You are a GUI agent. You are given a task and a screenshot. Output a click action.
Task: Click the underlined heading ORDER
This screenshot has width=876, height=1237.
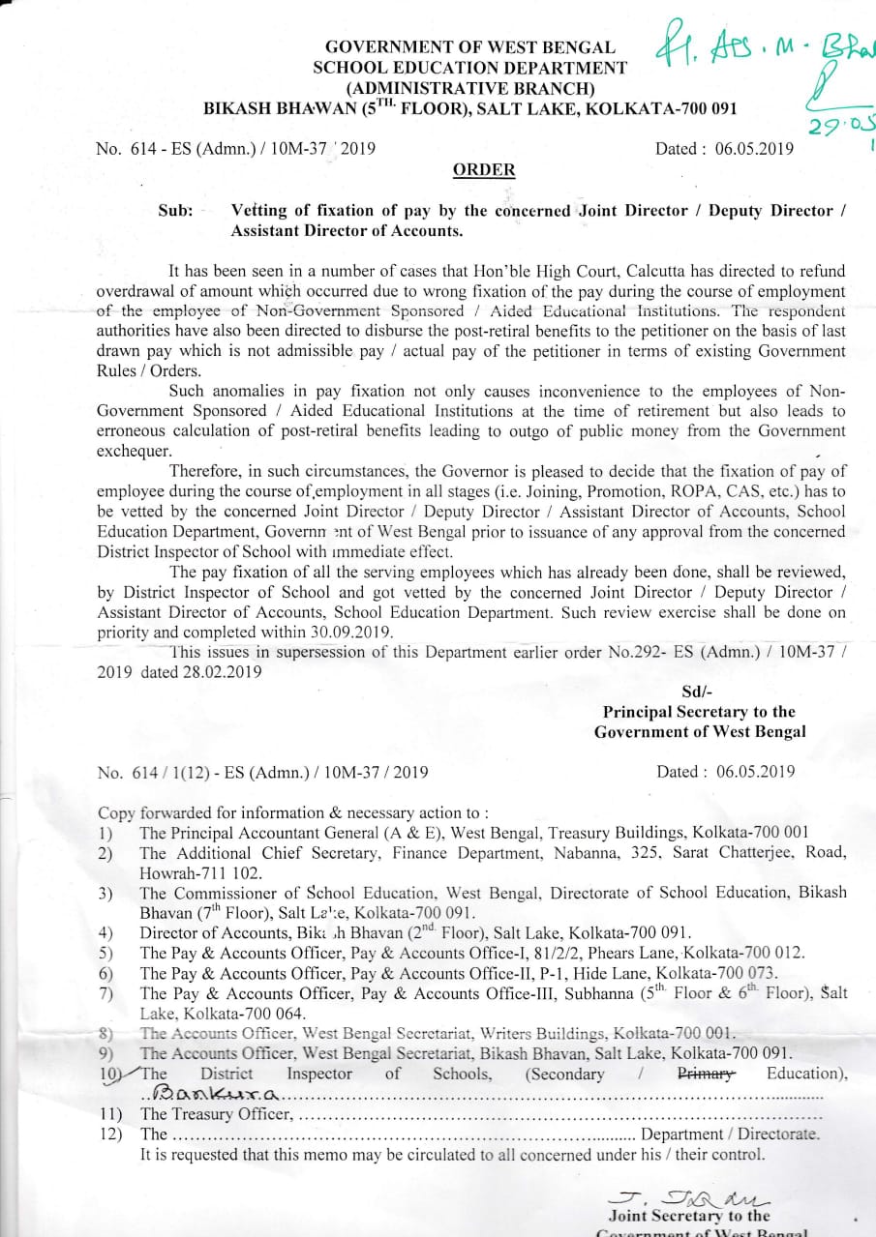point(484,170)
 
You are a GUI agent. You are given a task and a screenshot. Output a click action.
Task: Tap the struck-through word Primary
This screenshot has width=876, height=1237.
point(707,1073)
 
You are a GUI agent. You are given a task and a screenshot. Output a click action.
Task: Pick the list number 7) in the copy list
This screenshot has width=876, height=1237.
point(106,993)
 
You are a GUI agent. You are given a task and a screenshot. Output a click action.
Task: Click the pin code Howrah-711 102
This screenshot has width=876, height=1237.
point(193,871)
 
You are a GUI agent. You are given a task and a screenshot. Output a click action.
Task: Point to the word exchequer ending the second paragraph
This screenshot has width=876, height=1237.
point(135,452)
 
